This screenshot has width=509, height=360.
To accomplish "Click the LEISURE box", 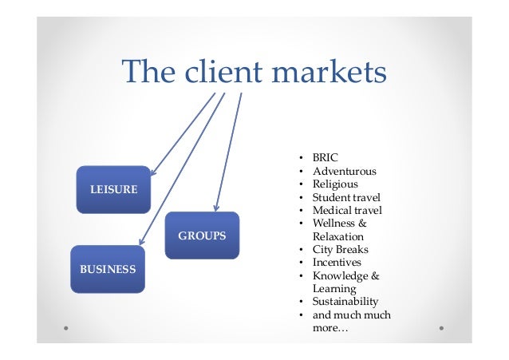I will point(112,189).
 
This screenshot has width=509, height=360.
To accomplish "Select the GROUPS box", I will point(202,235).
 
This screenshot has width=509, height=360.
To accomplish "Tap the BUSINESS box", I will point(108,269).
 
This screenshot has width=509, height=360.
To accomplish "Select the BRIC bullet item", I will point(326,158).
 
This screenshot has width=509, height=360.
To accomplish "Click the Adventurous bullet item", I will point(345,171).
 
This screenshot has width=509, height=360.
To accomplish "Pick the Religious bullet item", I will point(335,184).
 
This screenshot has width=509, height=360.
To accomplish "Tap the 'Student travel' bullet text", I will point(346,197).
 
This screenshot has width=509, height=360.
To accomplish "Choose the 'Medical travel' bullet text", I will point(347,211).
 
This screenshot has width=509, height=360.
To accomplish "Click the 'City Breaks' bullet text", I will point(341,249).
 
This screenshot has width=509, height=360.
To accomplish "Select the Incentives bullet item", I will point(337,262).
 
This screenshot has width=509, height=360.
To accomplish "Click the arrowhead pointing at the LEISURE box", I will point(152,172).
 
